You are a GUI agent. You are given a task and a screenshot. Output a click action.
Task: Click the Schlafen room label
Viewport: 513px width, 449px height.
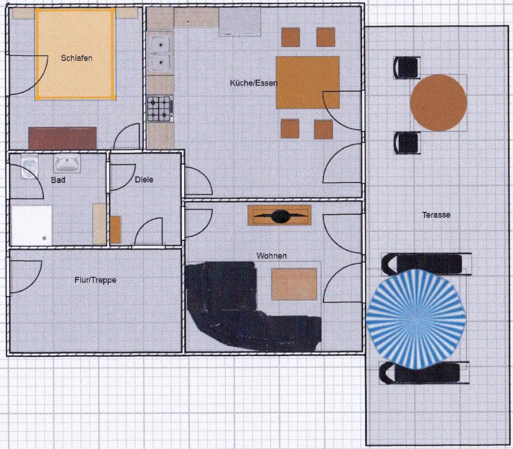click(77, 58)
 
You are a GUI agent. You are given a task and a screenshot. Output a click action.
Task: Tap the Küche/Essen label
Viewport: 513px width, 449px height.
click(253, 83)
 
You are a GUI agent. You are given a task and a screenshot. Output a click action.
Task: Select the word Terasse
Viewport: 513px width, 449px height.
click(436, 215)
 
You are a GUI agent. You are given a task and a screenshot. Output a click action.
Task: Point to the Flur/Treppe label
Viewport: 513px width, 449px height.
click(96, 280)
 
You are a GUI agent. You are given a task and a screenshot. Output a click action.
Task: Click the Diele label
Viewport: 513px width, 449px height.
click(144, 180)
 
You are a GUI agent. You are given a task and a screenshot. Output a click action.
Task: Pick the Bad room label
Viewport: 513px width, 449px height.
click(58, 180)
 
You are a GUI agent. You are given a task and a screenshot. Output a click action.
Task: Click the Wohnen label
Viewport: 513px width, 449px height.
click(272, 256)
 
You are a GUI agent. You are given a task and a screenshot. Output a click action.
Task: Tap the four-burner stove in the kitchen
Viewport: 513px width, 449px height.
click(160, 109)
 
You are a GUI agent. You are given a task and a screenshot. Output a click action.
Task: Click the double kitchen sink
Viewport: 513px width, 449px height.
click(160, 54)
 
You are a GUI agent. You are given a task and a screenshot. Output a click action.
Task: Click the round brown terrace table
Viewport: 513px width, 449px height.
click(438, 102)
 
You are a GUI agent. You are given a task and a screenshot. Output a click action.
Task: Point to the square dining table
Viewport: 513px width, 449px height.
click(308, 83)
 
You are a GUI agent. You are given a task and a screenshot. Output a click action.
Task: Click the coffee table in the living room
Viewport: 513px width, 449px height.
click(294, 284)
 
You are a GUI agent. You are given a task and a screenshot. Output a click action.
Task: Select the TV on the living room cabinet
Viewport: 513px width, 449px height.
click(281, 216)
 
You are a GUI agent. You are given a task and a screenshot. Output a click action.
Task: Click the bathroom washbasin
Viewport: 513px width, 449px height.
click(67, 164)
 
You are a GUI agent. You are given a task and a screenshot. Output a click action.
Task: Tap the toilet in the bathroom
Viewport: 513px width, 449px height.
click(30, 167)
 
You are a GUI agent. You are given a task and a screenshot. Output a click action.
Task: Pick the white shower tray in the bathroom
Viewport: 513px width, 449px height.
click(32, 225)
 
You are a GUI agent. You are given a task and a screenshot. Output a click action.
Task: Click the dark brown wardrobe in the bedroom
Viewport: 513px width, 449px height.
click(63, 138)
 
